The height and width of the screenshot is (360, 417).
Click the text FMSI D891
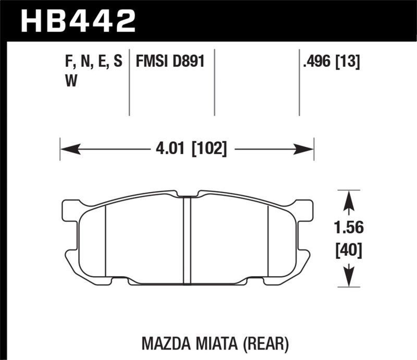click(x=169, y=63)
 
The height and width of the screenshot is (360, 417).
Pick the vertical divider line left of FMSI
click(x=129, y=83)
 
